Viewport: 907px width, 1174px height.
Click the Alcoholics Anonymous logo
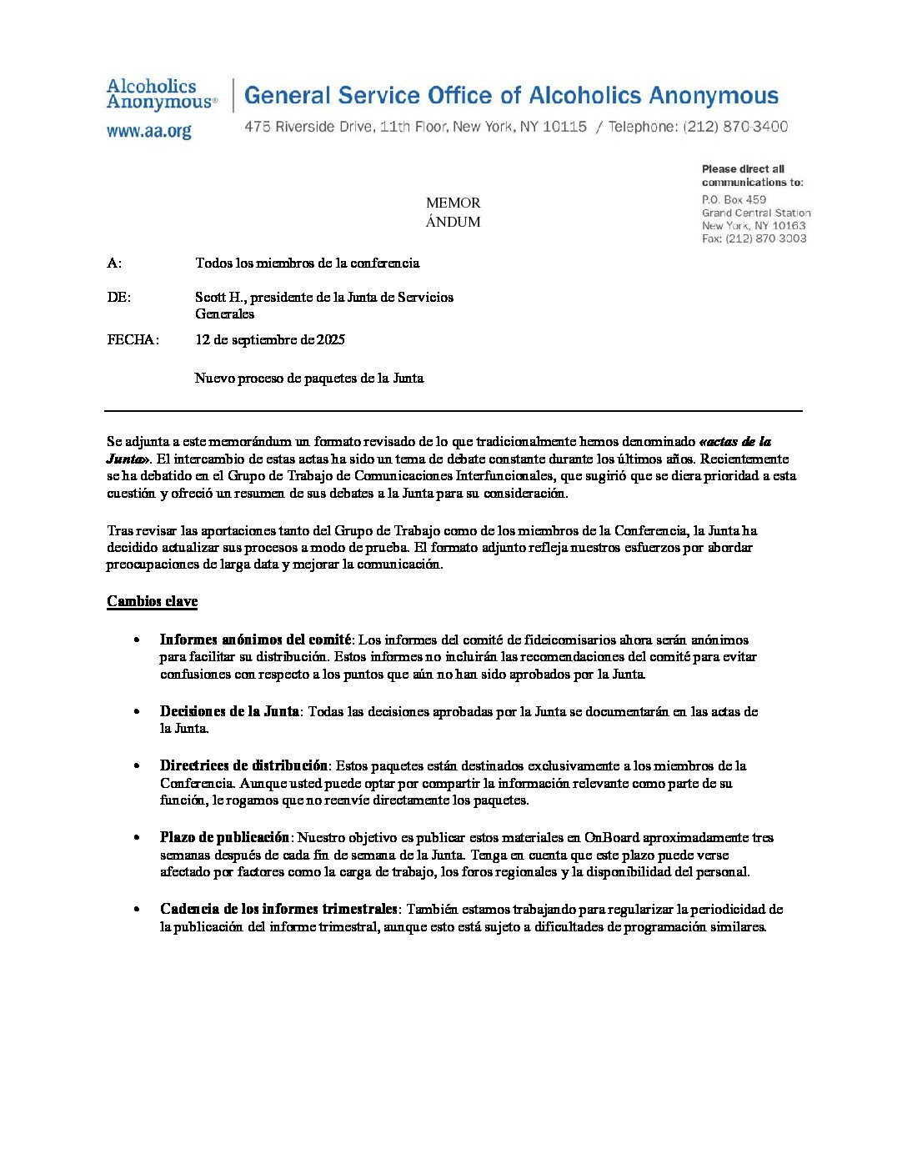pos(161,94)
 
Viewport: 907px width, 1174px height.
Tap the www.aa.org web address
pos(149,131)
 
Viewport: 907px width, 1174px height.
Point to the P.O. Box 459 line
pos(734,199)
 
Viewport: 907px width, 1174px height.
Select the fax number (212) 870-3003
pos(765,238)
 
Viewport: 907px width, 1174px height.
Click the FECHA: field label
pos(133,339)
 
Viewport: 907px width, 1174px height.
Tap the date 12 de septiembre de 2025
pos(270,339)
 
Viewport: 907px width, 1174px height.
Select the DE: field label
pos(118,297)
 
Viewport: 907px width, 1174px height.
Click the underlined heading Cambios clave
pos(152,601)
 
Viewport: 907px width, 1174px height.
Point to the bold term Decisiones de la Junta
pos(229,711)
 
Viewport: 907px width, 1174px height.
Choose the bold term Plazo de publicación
pos(224,837)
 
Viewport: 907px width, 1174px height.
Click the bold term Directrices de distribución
pos(243,765)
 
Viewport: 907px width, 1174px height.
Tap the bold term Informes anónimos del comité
pos(255,640)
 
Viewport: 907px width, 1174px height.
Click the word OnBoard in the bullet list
pos(611,837)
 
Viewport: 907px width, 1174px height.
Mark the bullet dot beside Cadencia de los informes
pos(137,909)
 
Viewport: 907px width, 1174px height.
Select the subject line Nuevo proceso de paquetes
pos(309,378)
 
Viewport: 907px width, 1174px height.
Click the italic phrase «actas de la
pos(734,441)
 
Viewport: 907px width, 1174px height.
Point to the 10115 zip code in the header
pos(564,127)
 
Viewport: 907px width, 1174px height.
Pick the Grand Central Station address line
pos(755,213)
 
